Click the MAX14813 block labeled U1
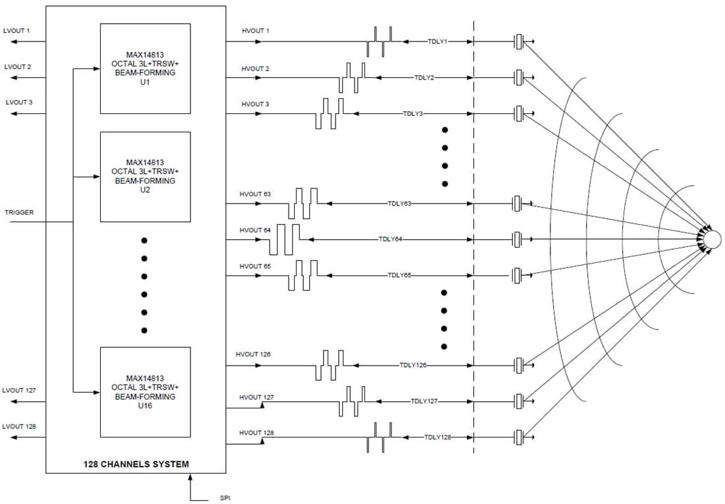click(145, 69)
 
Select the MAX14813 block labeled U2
click(145, 177)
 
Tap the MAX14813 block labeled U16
click(145, 392)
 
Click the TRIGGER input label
click(19, 213)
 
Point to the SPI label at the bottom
click(225, 498)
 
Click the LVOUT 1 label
click(17, 31)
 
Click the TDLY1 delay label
click(438, 42)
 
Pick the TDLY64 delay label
click(390, 239)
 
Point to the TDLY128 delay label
click(437, 437)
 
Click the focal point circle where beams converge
click(712, 239)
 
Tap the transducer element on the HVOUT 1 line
click(519, 42)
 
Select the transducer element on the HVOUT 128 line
click(519, 437)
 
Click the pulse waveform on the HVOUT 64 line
click(284, 239)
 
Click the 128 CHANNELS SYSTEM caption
click(136, 464)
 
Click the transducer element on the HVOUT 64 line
click(519, 239)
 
